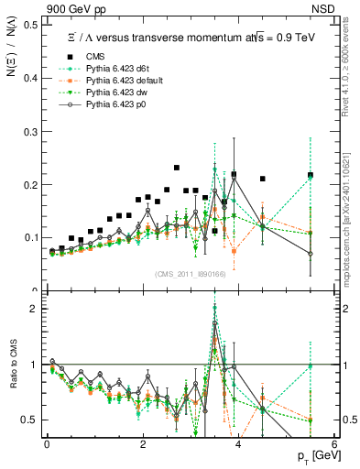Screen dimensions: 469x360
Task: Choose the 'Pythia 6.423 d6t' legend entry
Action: [x=104, y=68]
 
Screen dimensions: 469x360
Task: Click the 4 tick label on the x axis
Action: [x=237, y=444]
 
